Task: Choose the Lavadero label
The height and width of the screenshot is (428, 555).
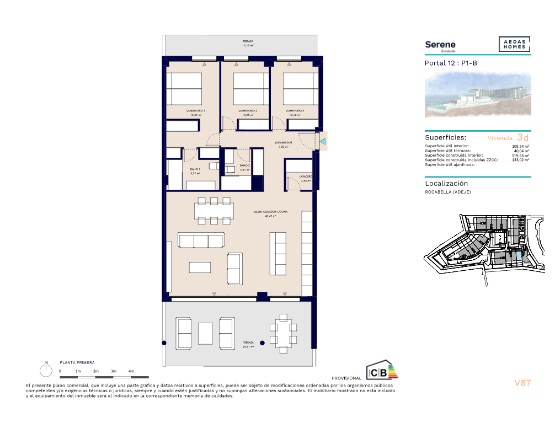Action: pos(306,178)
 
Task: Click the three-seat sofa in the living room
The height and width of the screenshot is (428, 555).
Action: pos(201,240)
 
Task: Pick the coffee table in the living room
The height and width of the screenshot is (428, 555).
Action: pos(200,267)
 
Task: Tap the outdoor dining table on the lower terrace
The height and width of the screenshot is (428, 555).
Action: pos(284,331)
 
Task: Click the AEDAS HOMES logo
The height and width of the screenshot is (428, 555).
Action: pos(514,45)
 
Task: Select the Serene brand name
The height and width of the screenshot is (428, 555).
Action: pos(440,44)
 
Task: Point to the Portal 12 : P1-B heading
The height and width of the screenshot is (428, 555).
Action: pos(451,63)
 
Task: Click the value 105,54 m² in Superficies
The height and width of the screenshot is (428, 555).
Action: pos(520,146)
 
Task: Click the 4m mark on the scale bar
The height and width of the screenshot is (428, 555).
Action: pos(131,371)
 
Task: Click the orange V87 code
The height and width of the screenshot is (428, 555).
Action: pos(522,383)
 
